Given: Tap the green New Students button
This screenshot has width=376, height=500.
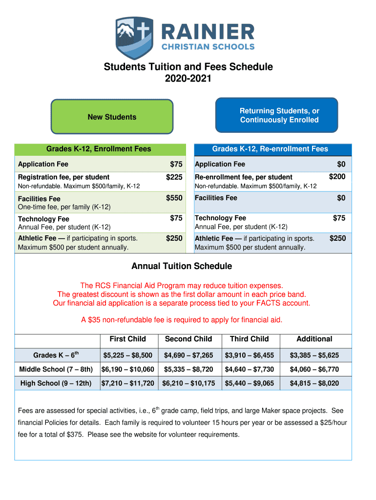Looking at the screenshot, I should coord(112,117).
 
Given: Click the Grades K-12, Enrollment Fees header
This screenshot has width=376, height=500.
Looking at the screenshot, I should coord(99,149).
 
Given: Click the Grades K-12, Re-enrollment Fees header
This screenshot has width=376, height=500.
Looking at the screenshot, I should coord(270,149).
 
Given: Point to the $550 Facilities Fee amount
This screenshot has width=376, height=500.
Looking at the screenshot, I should coord(174,198).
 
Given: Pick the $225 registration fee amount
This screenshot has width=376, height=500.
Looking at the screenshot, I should coord(174,177).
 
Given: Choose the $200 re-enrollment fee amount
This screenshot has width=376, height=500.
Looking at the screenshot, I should coord(337,177).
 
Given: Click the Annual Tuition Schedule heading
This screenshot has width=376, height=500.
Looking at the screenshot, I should coord(182,266).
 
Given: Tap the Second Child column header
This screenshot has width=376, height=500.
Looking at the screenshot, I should coord(188,339).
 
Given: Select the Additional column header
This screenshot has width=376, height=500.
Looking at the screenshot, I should coord(314,339).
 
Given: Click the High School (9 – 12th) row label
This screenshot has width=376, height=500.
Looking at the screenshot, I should coord(56,383).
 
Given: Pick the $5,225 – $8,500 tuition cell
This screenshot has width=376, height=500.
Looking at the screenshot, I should coord(128,355).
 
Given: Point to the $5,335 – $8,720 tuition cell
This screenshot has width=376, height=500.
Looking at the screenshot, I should coord(188,369).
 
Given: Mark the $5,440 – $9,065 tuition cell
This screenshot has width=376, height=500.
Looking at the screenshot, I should coord(249,383).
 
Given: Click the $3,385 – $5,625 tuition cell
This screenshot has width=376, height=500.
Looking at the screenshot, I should coord(314,355).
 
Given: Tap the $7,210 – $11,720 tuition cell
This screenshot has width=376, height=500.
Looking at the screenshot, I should coord(128,383).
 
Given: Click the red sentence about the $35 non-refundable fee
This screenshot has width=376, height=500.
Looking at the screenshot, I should coord(182,320).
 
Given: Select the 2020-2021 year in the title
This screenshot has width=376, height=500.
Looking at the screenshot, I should coord(188,78).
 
